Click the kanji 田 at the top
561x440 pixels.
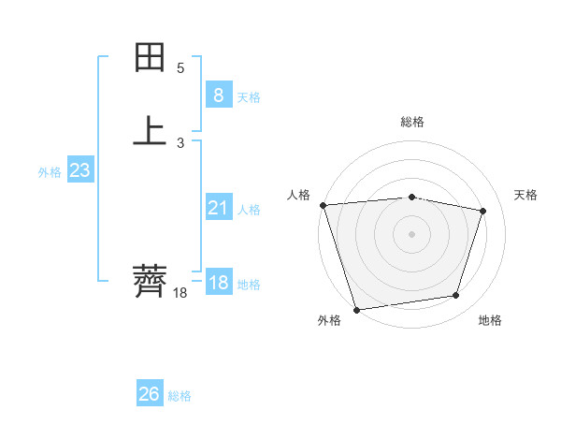coord(150,59)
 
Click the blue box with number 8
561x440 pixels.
coord(218,95)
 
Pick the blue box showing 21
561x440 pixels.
coord(218,208)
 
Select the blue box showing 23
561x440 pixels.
coord(79,170)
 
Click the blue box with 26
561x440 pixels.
coord(150,394)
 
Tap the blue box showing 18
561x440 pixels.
coord(218,283)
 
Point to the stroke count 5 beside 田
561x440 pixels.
coord(180,68)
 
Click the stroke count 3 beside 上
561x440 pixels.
coord(180,143)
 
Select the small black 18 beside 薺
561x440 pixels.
coord(180,293)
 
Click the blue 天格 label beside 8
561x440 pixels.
coord(249,97)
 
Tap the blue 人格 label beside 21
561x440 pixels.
coord(249,210)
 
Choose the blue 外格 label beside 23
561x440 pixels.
coord(50,172)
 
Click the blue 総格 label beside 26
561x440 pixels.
coord(180,396)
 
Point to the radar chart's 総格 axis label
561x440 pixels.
coord(412,122)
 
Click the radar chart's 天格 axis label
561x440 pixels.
coord(526,195)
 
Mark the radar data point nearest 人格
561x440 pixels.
coord(323,205)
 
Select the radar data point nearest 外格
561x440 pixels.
coord(356,309)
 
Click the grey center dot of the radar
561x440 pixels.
coord(411,233)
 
